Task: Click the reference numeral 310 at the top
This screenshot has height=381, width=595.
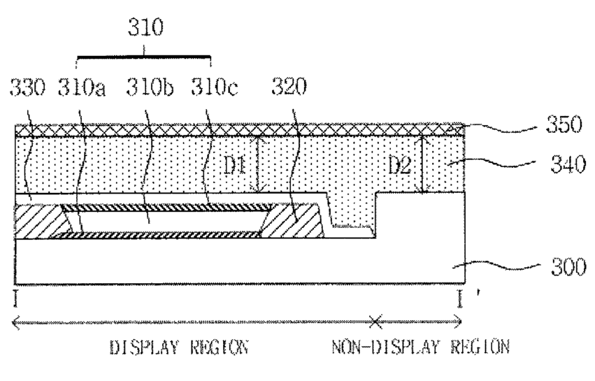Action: point(145,27)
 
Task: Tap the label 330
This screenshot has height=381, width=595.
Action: point(27,87)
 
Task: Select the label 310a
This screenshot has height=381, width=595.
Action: point(82,87)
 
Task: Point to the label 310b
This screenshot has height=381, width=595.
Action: point(150,87)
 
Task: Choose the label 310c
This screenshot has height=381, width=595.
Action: point(215,87)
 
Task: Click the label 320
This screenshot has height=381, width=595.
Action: point(289,87)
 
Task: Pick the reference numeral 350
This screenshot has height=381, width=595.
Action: point(564,124)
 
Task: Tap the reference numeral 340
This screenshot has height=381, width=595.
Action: point(568,165)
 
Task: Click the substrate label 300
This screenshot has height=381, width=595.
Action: point(568,267)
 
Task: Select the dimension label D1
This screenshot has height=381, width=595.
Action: point(235,166)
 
